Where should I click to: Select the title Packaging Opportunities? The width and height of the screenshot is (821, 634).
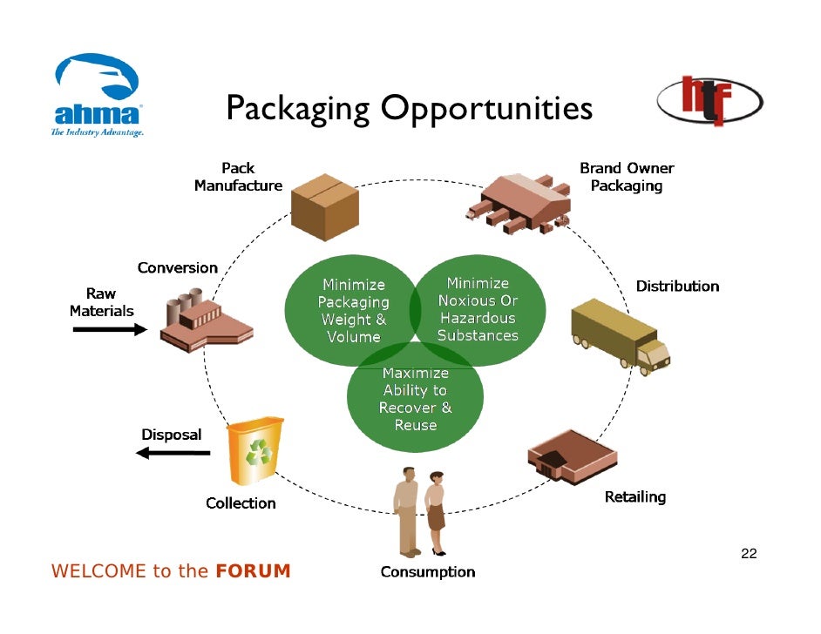pos(410,110)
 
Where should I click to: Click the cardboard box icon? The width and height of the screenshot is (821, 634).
pos(324,206)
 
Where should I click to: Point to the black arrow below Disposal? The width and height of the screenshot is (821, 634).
pos(173,452)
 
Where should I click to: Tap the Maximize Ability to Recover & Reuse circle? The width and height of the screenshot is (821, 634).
pos(415,399)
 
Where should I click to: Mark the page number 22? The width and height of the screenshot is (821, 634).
pos(748,554)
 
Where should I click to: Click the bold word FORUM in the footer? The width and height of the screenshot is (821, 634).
pos(252,572)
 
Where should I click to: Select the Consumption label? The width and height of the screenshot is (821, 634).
pos(428,572)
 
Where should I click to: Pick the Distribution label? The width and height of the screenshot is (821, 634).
pos(677,287)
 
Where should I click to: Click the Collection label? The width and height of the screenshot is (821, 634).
pos(241,503)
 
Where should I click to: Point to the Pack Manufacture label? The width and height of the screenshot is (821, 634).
pos(238,177)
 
